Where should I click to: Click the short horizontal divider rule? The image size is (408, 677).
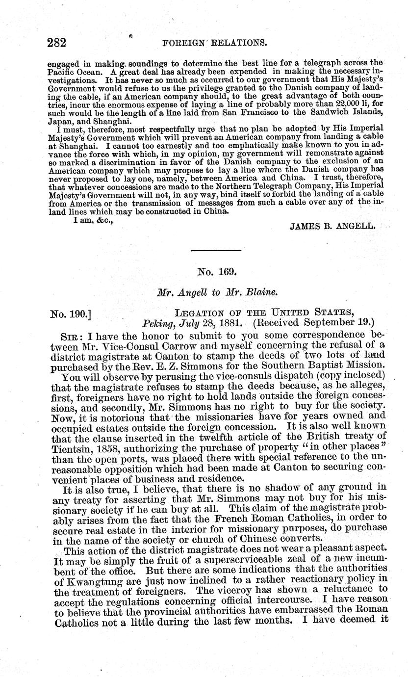coord(216,251)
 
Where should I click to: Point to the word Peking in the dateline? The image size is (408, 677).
coord(157,324)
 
